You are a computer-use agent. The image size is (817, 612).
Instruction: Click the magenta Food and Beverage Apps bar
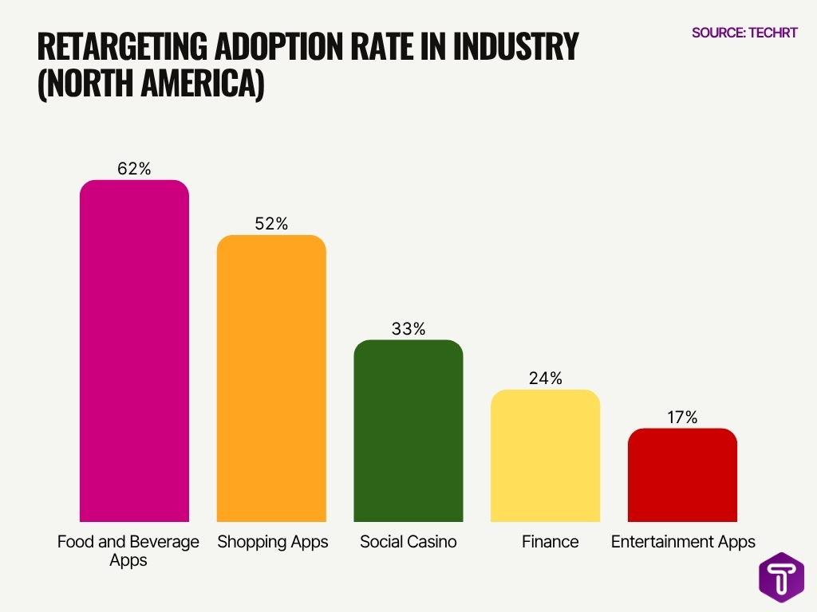134,351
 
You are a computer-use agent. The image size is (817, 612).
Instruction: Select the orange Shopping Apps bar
271,379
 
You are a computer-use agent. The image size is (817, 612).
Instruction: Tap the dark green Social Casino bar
408,430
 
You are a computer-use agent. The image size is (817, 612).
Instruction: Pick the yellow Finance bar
545,456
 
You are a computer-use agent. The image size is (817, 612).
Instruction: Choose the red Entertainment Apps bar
682,475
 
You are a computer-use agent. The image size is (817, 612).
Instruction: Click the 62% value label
134,168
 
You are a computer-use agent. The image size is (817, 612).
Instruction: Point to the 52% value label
271,224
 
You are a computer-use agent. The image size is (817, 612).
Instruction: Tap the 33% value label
408,328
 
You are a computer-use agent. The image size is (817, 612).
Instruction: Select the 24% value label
545,379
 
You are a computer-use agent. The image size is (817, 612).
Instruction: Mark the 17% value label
682,417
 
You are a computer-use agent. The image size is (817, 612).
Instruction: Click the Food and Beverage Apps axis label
128,551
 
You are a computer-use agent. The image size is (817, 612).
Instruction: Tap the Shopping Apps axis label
273,543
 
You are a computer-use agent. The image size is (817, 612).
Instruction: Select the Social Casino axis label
408,542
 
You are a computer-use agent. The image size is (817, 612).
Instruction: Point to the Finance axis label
550,542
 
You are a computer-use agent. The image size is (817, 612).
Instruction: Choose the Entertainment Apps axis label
683,543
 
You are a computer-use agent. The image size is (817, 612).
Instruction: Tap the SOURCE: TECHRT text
744,33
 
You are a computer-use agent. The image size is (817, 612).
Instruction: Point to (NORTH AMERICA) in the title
151,84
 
